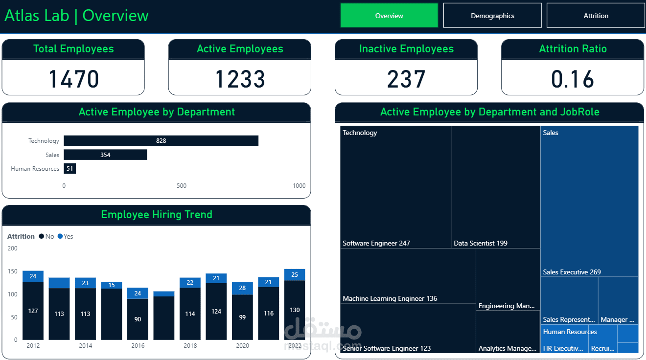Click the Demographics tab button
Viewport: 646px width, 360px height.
492,16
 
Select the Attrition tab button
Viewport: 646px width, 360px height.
596,16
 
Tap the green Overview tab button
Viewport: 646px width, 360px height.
389,16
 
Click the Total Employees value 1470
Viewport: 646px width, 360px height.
73,79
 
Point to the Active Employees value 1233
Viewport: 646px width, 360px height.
240,79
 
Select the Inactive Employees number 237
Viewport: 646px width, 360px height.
406,79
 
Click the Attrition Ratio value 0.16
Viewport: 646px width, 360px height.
573,79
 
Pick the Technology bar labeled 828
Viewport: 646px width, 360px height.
161,141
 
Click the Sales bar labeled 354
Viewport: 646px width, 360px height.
105,155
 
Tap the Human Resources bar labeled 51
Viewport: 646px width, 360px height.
69,169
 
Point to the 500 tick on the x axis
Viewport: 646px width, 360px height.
182,186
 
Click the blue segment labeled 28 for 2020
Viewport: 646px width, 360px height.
242,288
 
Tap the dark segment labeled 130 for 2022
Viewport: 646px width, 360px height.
295,310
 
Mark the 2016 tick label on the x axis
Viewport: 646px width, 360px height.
138,346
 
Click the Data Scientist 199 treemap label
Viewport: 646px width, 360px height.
481,243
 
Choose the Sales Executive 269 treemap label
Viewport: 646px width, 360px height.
572,272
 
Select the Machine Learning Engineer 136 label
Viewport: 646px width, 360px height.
390,298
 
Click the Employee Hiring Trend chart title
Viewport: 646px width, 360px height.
157,215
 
